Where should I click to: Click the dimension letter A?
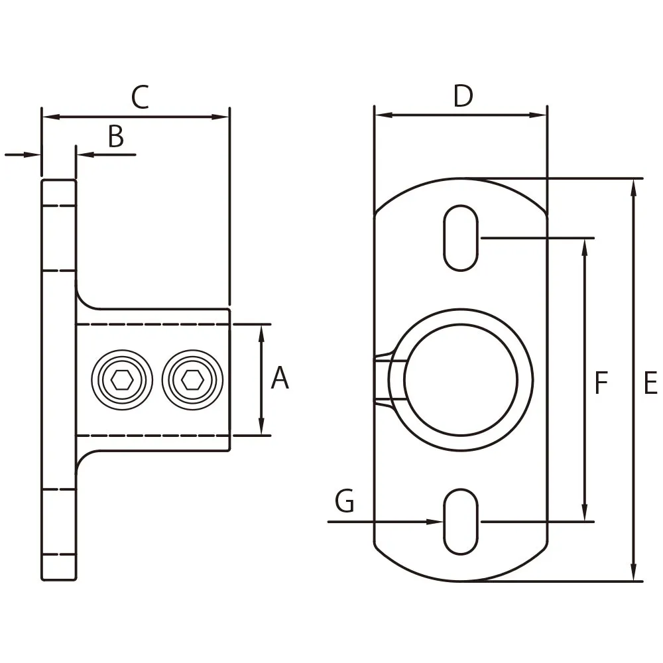click(280, 379)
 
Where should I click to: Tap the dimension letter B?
click(116, 137)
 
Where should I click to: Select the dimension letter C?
click(140, 97)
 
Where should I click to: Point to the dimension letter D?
click(463, 97)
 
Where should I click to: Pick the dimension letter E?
click(650, 384)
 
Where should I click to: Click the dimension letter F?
click(601, 384)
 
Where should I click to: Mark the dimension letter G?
click(345, 502)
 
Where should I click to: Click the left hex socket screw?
click(123, 380)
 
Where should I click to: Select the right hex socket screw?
click(192, 380)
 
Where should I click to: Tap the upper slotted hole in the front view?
click(460, 238)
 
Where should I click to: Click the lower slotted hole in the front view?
click(460, 522)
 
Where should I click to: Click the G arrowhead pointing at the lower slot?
click(436, 522)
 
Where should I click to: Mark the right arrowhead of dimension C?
click(223, 117)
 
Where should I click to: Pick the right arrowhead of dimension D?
click(541, 115)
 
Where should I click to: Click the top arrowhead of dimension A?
click(262, 331)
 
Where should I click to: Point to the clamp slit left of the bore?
click(382, 380)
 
